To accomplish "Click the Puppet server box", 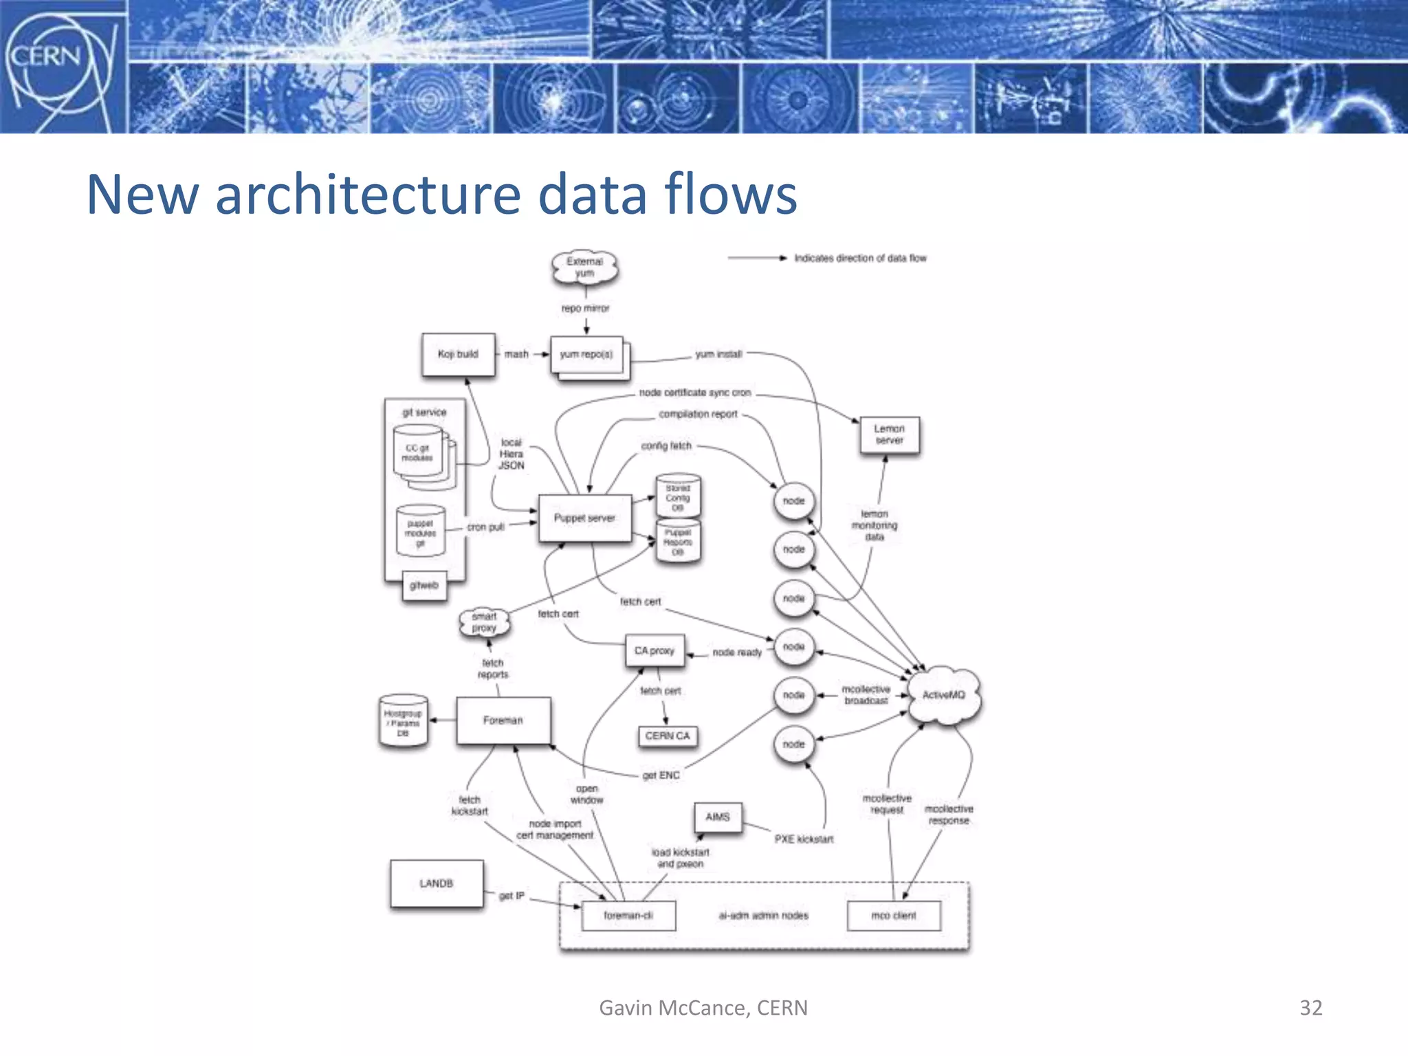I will (x=585, y=518).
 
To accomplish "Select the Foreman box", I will (x=503, y=720).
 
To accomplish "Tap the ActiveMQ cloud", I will (x=944, y=695).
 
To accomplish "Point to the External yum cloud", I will (x=585, y=267).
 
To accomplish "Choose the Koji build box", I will (x=458, y=355).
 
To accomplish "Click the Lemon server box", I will (x=890, y=434).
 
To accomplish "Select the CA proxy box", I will (x=654, y=650).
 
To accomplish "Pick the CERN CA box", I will (x=668, y=736).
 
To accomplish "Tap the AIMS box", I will (x=718, y=817).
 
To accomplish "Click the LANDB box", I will (x=437, y=883).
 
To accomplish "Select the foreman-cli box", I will (x=628, y=916).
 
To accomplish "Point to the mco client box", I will (x=894, y=916).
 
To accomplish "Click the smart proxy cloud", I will (x=484, y=622).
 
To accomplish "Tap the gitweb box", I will (x=424, y=586).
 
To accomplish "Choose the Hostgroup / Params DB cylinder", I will (x=404, y=723).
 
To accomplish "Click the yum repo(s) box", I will (x=586, y=355).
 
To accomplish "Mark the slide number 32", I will (x=1310, y=1008).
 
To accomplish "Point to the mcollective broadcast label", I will (x=866, y=695).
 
